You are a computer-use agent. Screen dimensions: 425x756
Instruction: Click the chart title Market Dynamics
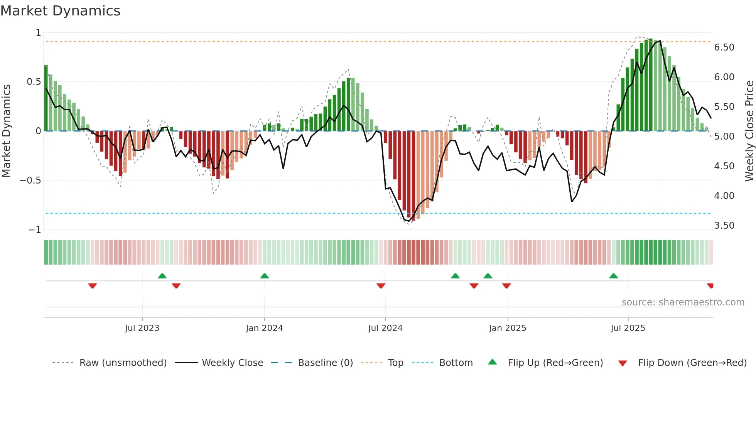[x=60, y=11]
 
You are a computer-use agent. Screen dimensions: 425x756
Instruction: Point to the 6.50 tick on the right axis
[x=724, y=47]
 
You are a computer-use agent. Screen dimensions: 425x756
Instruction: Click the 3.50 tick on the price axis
[x=724, y=226]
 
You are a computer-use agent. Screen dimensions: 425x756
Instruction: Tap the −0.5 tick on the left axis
[x=30, y=180]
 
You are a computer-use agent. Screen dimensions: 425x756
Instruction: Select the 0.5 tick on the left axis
[x=34, y=82]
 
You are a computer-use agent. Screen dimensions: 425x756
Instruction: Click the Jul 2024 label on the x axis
[x=385, y=328]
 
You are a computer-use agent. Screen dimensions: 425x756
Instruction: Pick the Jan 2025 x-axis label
[x=507, y=328]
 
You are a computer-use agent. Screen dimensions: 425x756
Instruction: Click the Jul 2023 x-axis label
[x=142, y=328]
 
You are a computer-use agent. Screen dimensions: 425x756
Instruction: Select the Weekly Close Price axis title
[x=749, y=131]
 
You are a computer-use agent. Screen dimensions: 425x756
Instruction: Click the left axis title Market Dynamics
[x=6, y=131]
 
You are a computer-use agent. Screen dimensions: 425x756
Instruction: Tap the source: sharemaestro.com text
[x=683, y=302]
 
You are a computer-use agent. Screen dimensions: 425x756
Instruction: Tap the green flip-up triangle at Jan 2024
[x=265, y=276]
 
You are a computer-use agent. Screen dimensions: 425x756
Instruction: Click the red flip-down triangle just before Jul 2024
[x=381, y=286]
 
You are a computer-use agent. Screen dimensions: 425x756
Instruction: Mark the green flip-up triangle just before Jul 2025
[x=613, y=276]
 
